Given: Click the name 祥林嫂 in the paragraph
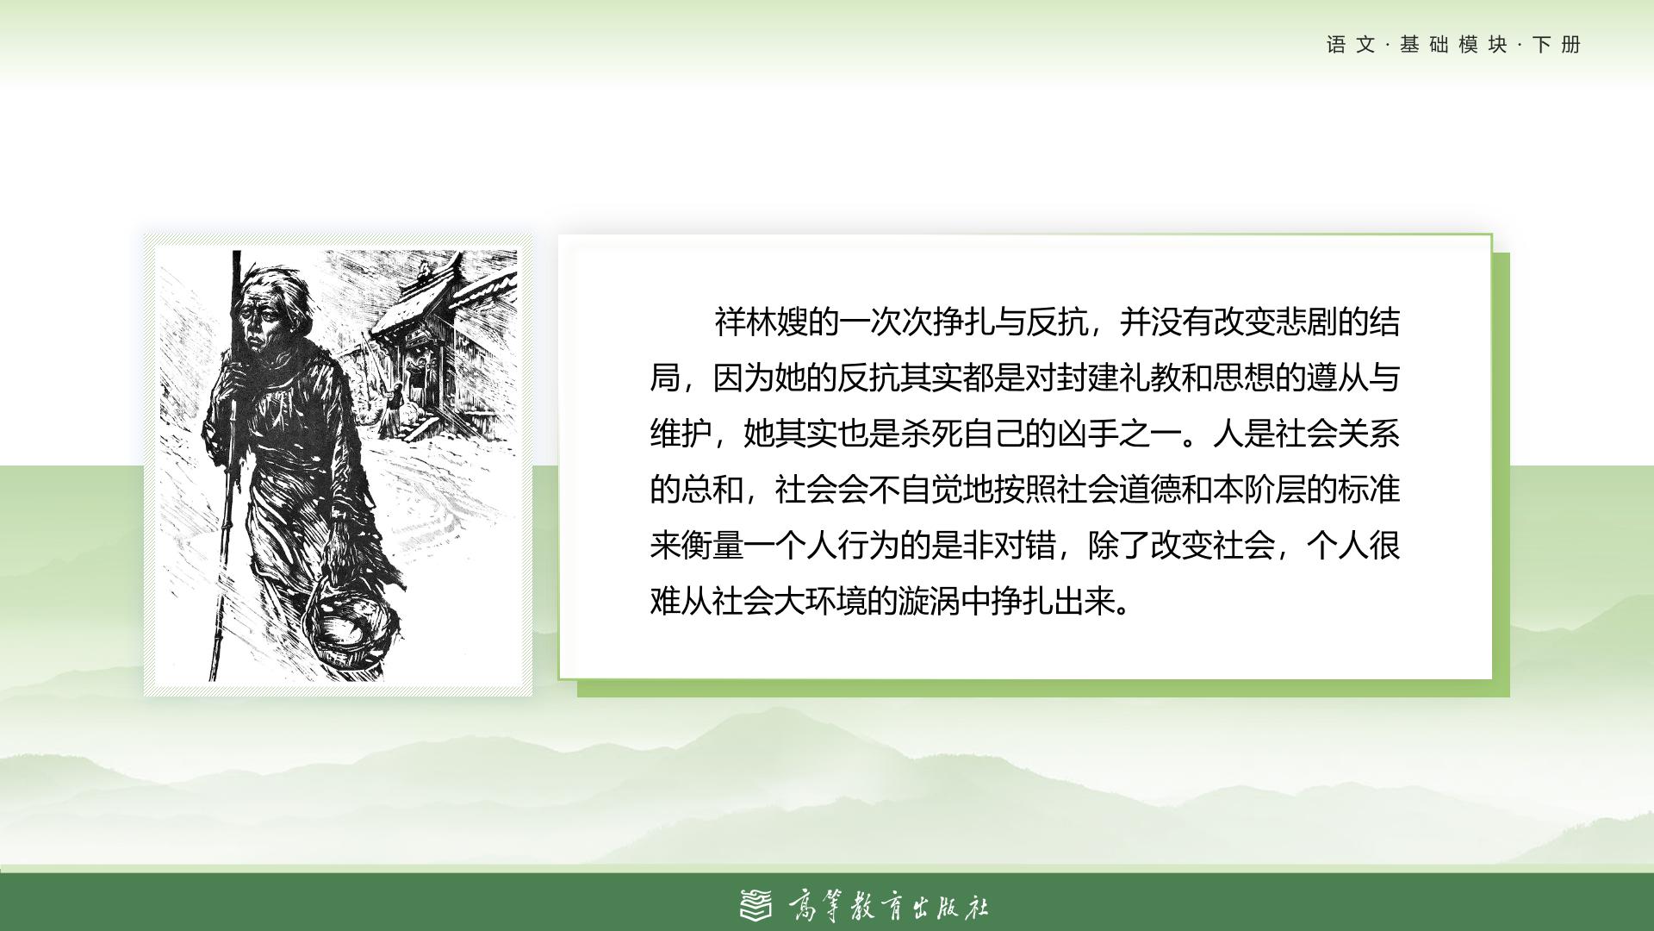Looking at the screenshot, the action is [762, 322].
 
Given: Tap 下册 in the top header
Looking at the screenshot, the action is [1557, 45].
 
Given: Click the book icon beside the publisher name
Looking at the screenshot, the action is [757, 904].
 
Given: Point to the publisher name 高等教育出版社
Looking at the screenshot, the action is [888, 906].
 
